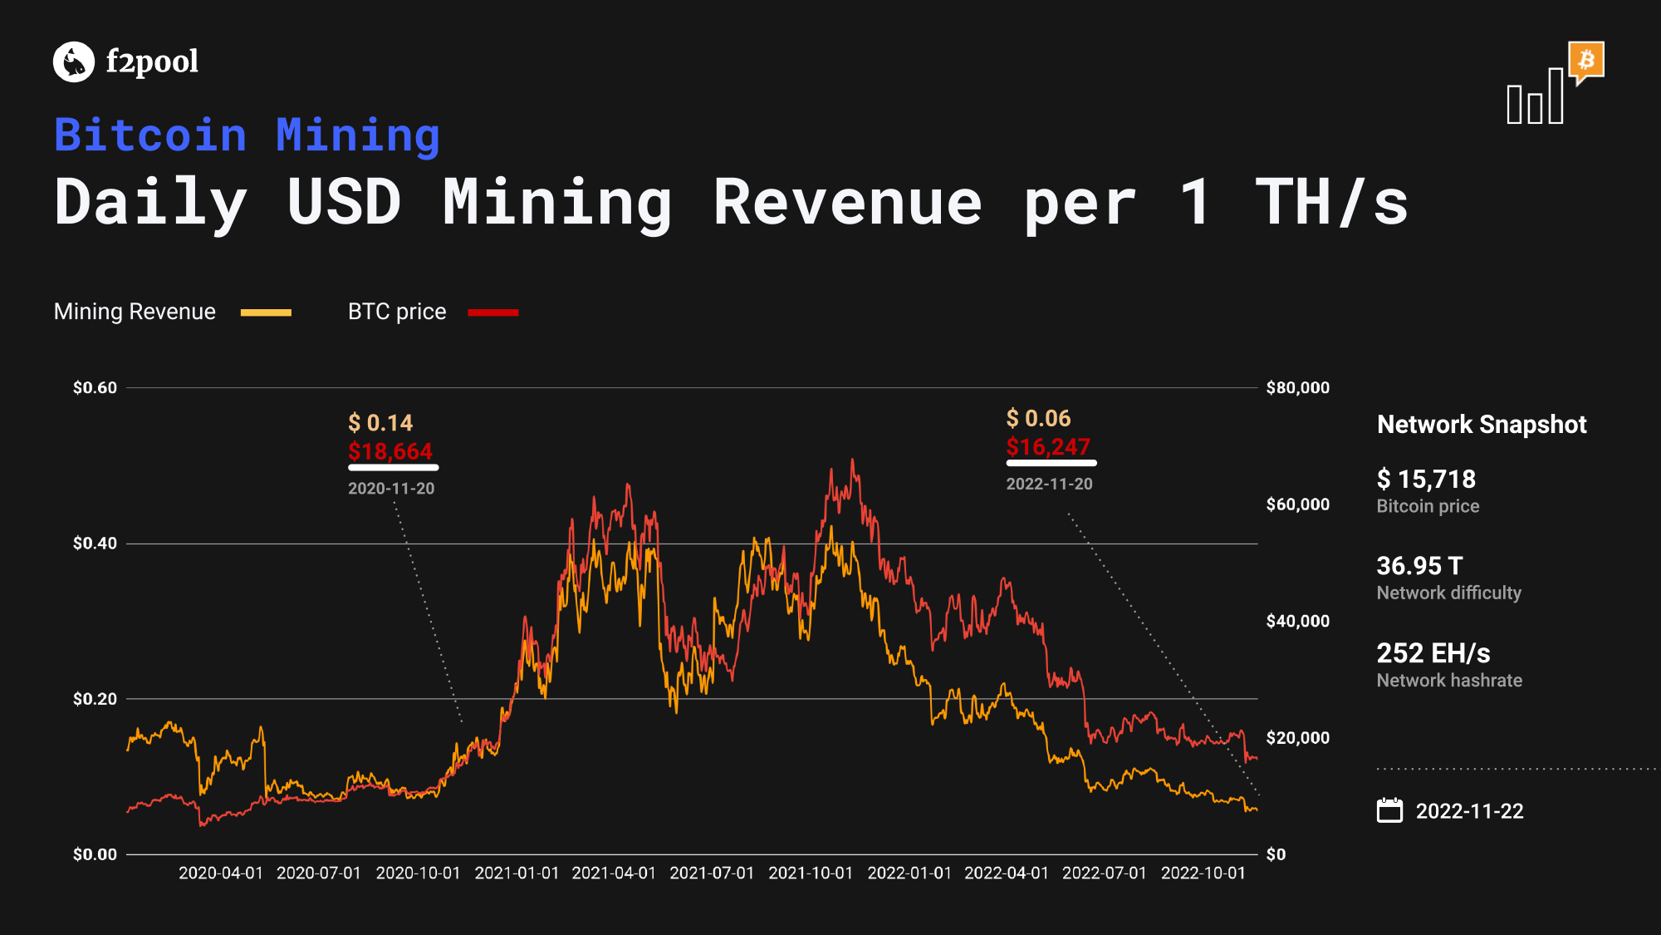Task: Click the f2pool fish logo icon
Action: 74,62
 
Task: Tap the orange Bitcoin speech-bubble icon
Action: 1586,62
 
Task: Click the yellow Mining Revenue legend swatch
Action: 266,312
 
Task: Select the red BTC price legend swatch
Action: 493,312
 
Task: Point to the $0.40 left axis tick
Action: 95,544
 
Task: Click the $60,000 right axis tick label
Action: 1297,504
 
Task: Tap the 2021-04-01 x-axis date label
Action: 614,873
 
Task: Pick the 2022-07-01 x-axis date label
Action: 1105,873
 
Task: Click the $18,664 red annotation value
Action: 390,451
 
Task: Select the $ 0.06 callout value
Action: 1038,418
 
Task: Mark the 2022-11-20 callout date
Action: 1050,484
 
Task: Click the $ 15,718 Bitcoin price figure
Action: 1426,479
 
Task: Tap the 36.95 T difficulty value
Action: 1419,566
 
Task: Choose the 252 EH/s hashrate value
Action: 1433,653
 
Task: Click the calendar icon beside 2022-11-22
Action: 1389,810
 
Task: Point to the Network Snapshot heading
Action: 1482,425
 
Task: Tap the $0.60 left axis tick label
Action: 95,387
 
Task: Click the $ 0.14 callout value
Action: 380,423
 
